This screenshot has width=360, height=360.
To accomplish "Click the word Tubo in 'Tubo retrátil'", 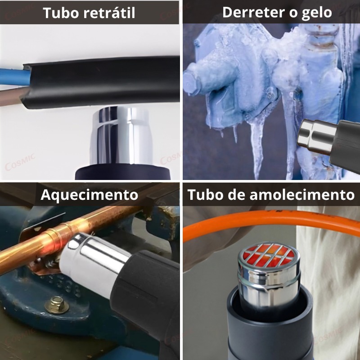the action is pos(61,13).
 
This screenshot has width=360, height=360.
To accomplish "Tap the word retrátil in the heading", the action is pos(109,13).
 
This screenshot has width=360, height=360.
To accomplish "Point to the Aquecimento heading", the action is pos(89,195).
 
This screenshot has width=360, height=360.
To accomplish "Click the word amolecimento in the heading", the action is pos(302,195).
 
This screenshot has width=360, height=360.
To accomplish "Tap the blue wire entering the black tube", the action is pos(14,77).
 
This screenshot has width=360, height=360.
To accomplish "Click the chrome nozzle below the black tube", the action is pos(121,135).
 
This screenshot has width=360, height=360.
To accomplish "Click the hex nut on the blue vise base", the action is pos(57,305).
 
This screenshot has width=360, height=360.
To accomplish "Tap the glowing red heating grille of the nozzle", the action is pos(269,255).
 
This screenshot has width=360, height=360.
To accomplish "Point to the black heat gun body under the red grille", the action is pos(270,326).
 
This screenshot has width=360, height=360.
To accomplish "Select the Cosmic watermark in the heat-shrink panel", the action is pos(20,162).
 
